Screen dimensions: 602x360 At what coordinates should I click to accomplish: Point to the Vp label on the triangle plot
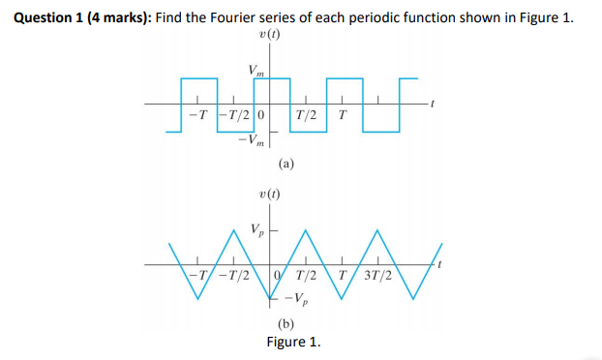coord(256,230)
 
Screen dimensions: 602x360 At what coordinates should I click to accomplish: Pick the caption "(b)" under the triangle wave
coord(287,323)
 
